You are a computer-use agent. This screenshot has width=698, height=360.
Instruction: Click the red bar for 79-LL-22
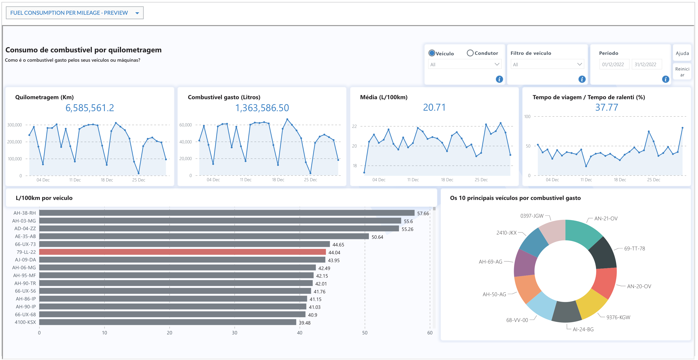click(x=182, y=252)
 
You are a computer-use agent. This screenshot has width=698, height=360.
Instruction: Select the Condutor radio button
click(x=470, y=53)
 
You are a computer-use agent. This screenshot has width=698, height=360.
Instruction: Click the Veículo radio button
click(x=432, y=53)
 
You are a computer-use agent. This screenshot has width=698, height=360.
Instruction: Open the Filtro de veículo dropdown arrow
click(x=579, y=64)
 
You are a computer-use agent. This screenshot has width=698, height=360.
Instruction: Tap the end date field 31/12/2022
click(x=646, y=64)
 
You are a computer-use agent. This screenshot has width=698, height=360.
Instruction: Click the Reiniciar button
click(x=682, y=72)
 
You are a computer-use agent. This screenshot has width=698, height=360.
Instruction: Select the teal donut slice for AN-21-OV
click(x=583, y=233)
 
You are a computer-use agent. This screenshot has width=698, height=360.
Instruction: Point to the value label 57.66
click(x=423, y=213)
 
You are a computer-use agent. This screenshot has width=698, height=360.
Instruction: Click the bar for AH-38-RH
click(x=227, y=213)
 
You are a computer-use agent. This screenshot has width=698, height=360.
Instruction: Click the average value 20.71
click(x=434, y=107)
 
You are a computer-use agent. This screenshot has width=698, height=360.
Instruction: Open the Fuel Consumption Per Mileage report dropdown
click(x=137, y=13)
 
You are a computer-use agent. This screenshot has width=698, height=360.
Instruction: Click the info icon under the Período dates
click(x=665, y=79)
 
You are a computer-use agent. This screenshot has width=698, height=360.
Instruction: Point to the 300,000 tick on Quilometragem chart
click(x=15, y=125)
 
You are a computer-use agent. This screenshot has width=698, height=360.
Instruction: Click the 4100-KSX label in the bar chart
click(x=25, y=322)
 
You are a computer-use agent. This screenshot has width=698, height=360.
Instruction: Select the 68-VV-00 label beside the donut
click(x=517, y=320)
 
